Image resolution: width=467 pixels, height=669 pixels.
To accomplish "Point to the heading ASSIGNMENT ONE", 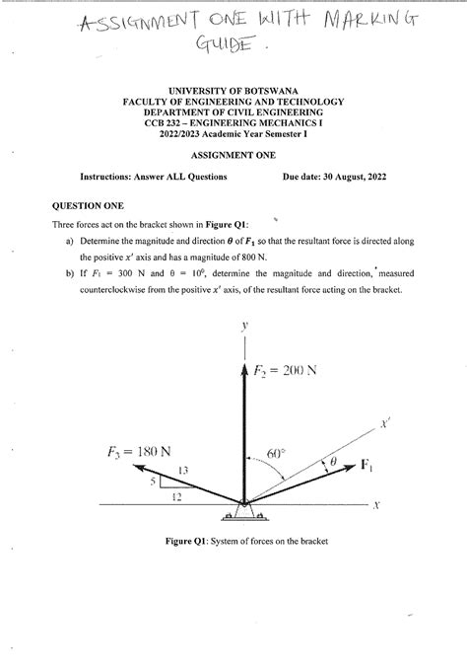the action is tap(233, 156).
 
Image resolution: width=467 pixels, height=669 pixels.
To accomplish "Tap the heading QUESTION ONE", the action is tap(87, 206).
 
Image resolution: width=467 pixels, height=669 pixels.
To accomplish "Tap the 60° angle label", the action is tap(276, 455).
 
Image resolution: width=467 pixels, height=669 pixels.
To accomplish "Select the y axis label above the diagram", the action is tap(241, 324).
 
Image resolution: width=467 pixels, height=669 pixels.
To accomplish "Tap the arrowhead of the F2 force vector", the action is tap(242, 368).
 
